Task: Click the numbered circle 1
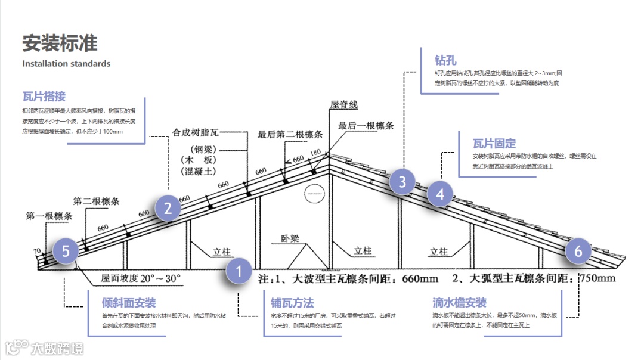click(x=239, y=272)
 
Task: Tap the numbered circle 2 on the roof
click(x=168, y=208)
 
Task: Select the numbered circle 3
click(x=402, y=182)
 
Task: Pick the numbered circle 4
click(x=440, y=194)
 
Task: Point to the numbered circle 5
click(x=66, y=252)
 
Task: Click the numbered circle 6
click(x=578, y=252)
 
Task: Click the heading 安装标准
click(x=60, y=44)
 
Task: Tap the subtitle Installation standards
click(x=66, y=63)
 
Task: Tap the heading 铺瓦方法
click(x=292, y=303)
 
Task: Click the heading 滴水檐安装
click(x=459, y=303)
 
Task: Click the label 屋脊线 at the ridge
click(x=344, y=105)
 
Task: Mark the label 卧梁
click(x=290, y=239)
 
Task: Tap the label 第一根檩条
click(x=49, y=216)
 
